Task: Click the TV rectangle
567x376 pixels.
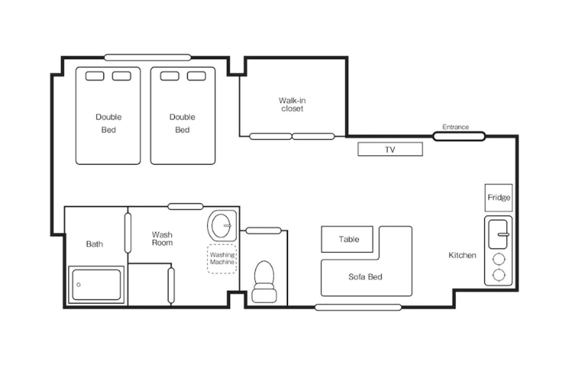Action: coord(390,149)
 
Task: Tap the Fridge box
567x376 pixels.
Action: coord(499,198)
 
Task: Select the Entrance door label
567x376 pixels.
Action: coord(455,127)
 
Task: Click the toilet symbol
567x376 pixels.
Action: coord(264,282)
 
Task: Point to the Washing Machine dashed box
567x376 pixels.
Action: coord(222,259)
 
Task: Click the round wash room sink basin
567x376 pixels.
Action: coord(222,225)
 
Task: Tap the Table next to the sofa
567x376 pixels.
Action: coord(347,239)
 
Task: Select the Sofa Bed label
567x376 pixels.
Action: coord(365,277)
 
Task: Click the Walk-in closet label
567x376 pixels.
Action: coord(292,104)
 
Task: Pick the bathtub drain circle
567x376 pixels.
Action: coord(78,285)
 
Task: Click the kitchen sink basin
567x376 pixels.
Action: coord(498,234)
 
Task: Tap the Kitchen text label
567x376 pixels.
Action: coord(462,255)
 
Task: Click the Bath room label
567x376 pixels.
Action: coord(94,244)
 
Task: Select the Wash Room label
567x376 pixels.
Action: coord(162,239)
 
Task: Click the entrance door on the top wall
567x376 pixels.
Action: coord(459,136)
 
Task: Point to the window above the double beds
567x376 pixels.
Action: coord(148,57)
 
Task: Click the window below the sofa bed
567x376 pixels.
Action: coord(358,307)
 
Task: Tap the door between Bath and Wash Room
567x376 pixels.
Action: coord(128,233)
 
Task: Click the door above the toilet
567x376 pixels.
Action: coord(263,230)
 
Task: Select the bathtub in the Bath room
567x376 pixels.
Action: coord(97,285)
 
